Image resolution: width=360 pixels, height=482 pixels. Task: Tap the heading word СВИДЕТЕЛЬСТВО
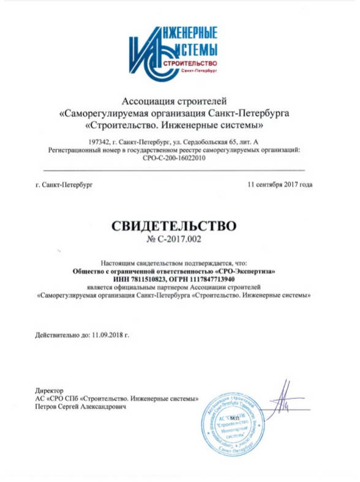(x=173, y=226)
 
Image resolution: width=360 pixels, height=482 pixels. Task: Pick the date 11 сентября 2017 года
(x=280, y=184)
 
